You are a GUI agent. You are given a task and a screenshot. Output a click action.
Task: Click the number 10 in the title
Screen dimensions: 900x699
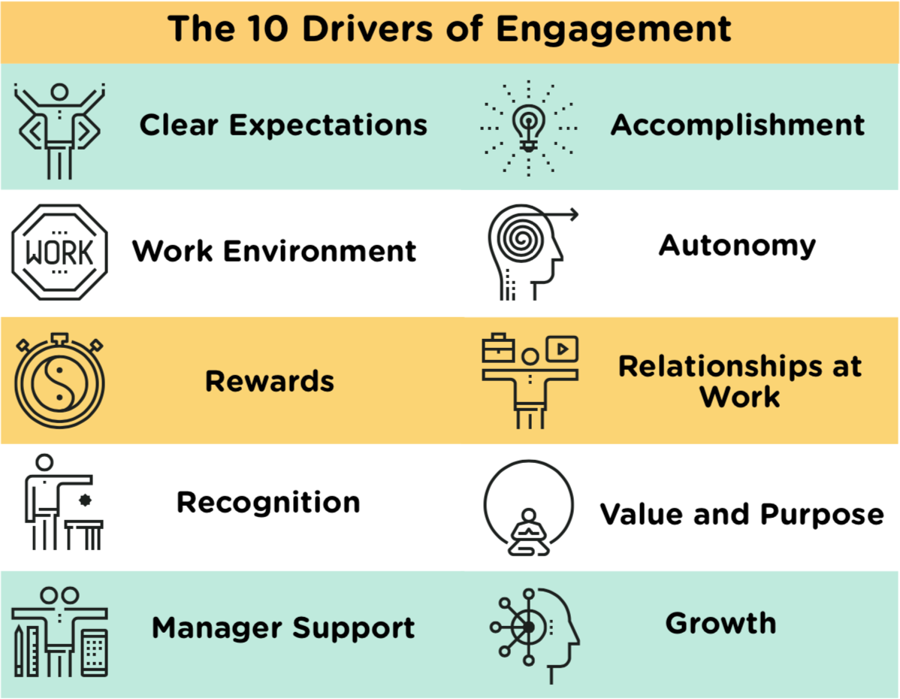(267, 29)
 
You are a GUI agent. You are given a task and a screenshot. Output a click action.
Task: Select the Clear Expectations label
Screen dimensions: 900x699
(283, 126)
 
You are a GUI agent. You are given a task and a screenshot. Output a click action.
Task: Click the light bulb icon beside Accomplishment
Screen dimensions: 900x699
(529, 128)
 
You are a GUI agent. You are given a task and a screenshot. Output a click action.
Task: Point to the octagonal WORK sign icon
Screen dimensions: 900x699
(59, 252)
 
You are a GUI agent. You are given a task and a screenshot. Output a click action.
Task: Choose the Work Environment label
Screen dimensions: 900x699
(274, 251)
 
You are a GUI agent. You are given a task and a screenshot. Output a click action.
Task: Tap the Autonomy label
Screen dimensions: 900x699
(737, 246)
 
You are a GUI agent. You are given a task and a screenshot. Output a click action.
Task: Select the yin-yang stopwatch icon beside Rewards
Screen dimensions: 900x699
(59, 381)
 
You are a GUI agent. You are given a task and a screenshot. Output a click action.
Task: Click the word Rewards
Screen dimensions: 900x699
(270, 381)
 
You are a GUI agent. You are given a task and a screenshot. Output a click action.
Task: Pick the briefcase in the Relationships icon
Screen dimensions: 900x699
(498, 347)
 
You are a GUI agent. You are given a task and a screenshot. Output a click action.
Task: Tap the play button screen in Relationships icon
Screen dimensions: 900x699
(562, 349)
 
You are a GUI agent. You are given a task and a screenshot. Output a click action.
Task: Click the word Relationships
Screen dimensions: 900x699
(720, 367)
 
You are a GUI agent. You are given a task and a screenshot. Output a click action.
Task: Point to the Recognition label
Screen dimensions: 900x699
(268, 503)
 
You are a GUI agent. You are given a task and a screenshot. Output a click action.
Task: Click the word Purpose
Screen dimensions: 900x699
(823, 515)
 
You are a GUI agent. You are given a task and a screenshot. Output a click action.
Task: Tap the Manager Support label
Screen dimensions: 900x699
(283, 628)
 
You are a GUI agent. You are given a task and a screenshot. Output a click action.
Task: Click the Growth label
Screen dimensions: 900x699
(721, 623)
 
